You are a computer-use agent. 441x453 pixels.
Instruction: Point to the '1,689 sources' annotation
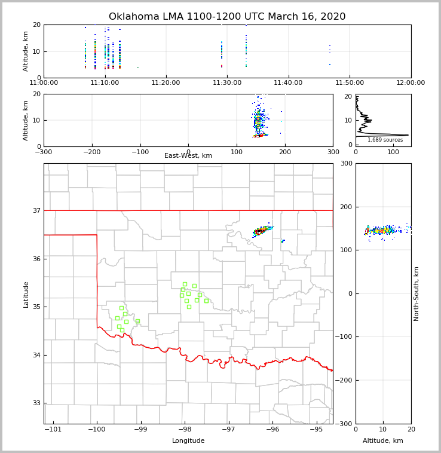[385, 140]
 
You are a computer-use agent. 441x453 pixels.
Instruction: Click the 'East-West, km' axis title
[188, 156]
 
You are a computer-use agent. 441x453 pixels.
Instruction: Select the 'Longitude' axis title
[188, 441]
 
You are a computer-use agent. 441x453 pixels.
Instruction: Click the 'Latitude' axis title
[26, 294]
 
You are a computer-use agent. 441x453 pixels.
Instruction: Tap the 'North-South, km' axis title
[416, 293]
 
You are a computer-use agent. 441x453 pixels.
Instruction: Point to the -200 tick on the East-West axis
[91, 152]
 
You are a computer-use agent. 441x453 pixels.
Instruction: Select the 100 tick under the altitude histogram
[393, 152]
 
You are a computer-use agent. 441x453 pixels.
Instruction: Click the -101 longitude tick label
[53, 429]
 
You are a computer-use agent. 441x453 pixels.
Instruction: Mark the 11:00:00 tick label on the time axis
[44, 82]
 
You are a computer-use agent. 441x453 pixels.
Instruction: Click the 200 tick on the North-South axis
[345, 207]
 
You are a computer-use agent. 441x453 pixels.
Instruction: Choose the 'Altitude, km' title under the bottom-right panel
[383, 441]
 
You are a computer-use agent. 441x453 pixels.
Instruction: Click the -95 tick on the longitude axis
[316, 429]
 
